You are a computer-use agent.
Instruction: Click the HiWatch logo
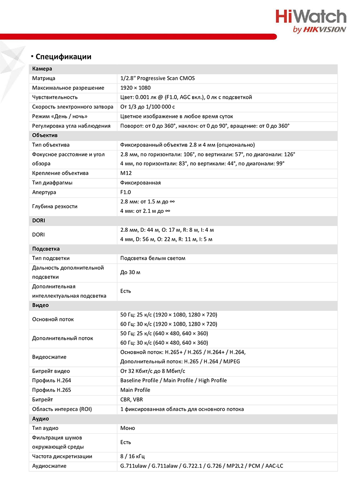(x=311, y=21)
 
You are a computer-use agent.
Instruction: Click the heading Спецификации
(x=63, y=56)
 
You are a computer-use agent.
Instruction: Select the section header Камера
(x=42, y=69)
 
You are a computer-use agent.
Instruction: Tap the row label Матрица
(x=44, y=78)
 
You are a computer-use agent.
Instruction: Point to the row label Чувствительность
(x=55, y=97)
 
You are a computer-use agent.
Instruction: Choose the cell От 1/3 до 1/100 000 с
(x=147, y=107)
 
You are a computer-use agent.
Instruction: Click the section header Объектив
(x=45, y=135)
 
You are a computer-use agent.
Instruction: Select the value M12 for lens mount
(x=126, y=173)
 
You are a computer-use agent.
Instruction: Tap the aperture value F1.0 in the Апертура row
(x=126, y=192)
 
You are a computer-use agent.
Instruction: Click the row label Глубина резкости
(x=55, y=206)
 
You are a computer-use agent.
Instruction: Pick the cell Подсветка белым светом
(x=153, y=258)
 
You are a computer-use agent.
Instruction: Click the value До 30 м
(x=130, y=272)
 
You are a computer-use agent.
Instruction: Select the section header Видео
(x=41, y=305)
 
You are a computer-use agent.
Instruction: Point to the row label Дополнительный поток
(x=62, y=338)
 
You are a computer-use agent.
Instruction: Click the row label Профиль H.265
(x=52, y=390)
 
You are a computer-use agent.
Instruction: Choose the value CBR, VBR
(x=132, y=400)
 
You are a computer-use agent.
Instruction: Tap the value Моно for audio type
(x=128, y=428)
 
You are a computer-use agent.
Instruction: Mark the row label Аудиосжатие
(x=49, y=466)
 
